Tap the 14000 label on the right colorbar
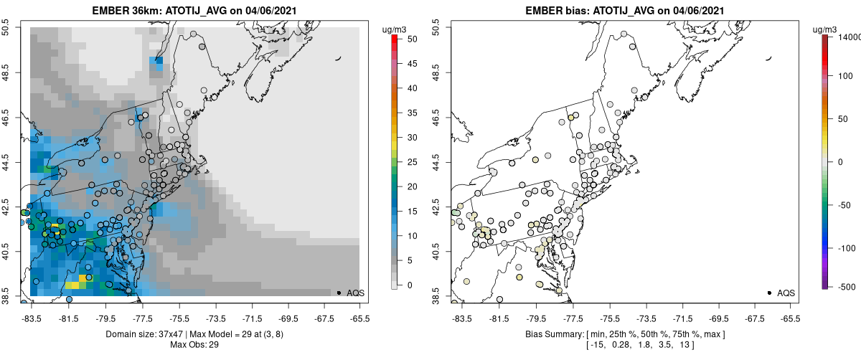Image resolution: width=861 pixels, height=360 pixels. click(x=845, y=37)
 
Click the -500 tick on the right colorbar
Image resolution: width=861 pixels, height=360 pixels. click(x=844, y=287)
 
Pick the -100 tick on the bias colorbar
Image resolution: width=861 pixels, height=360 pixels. click(x=844, y=248)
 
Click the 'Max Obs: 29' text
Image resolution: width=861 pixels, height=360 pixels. click(x=194, y=345)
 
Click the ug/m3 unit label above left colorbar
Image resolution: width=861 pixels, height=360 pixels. click(x=397, y=29)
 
